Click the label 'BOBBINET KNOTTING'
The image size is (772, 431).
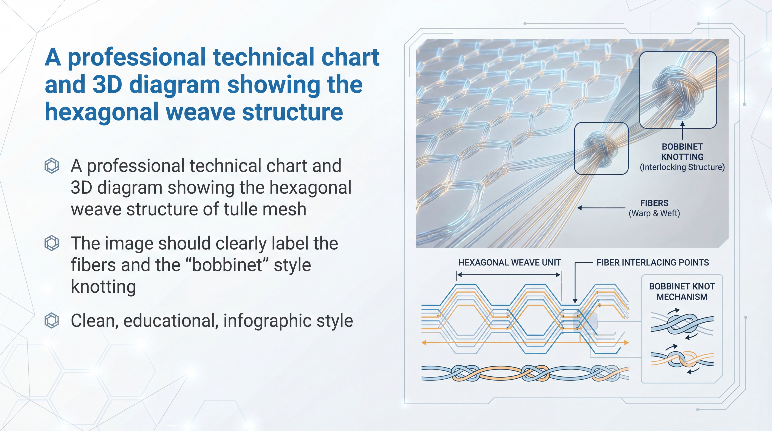[x=682, y=152]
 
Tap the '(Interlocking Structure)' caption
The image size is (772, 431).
[x=682, y=167]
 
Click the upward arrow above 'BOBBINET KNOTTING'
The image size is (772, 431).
[x=682, y=130]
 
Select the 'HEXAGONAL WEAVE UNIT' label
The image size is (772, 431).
[x=509, y=263]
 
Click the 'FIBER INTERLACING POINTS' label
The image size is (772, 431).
[x=653, y=263]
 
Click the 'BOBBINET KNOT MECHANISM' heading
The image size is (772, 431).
[x=682, y=292]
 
